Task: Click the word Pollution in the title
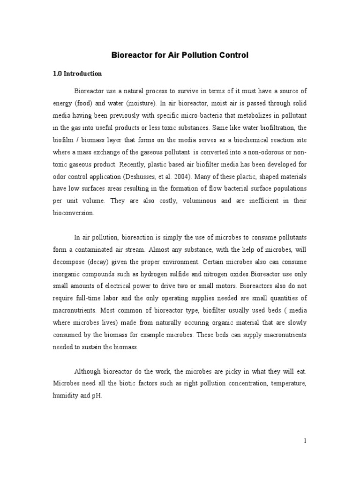click(196, 55)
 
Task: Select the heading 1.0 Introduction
click(77, 74)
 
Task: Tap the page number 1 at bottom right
click(305, 441)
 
